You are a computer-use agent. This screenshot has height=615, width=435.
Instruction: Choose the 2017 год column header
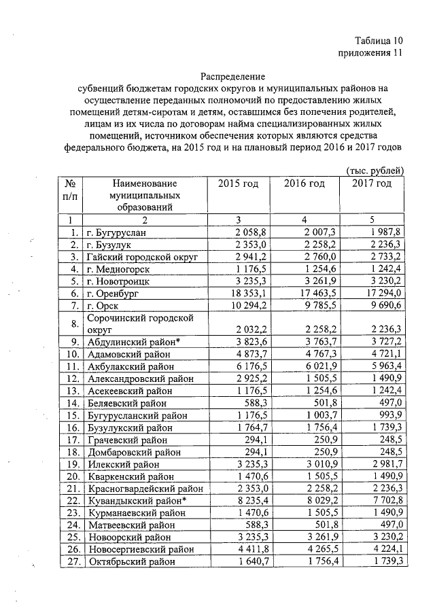pos(372,184)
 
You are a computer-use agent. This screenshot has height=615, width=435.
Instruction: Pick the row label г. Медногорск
pos(118,268)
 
